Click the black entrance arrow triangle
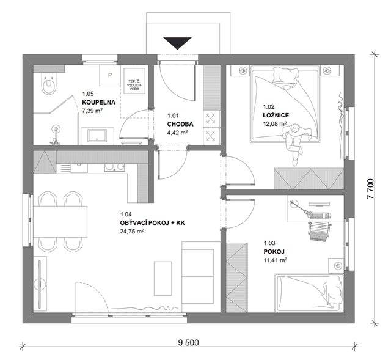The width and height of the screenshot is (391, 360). tap(177, 43)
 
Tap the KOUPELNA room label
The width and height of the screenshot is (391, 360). tap(99, 102)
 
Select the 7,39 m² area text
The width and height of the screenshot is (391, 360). tap(92, 111)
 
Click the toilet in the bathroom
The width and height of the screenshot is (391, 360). tap(48, 84)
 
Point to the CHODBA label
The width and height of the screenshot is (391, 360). tap(180, 124)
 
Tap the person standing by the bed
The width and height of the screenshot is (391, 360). tap(295, 142)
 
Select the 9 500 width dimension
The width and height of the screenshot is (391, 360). tap(189, 342)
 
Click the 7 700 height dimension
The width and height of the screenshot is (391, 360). tap(371, 189)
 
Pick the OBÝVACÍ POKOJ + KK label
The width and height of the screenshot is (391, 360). tap(153, 223)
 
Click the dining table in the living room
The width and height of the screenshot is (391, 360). tap(60, 221)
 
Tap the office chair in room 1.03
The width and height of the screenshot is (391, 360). tap(319, 232)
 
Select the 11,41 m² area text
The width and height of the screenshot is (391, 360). tap(276, 260)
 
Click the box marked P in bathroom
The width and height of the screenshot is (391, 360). tap(110, 75)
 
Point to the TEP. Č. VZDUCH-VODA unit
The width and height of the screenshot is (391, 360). tap(134, 81)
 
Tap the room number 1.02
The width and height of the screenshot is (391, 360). tap(269, 107)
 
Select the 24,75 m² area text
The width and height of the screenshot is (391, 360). tap(132, 231)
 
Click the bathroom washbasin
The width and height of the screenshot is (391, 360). tap(97, 136)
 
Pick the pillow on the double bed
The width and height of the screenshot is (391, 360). tap(285, 75)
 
